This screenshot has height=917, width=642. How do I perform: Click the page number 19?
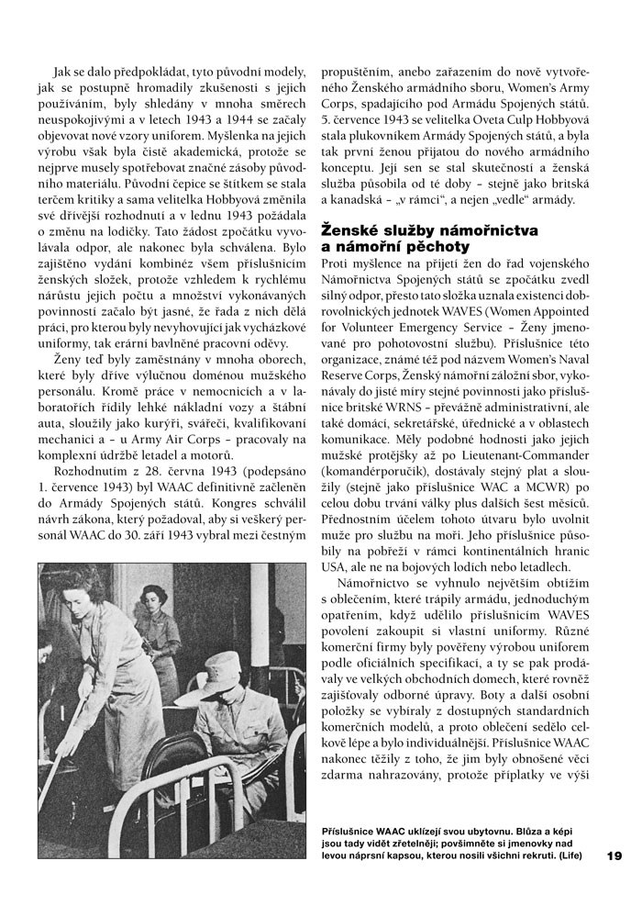[x=614, y=855]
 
